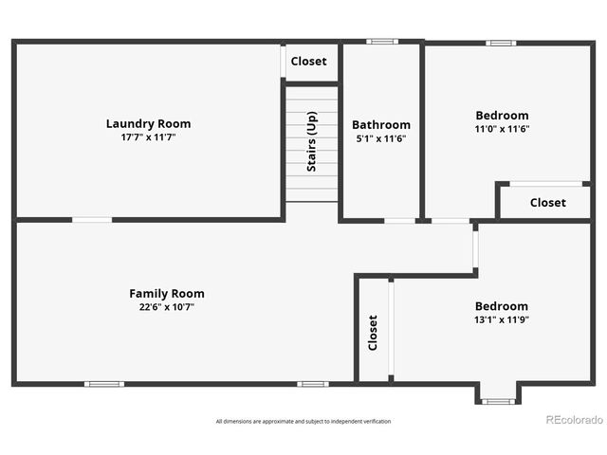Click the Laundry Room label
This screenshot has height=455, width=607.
148,123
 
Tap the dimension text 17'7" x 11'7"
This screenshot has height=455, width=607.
148,137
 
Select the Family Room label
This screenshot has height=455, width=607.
167,293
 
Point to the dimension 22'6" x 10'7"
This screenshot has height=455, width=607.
167,307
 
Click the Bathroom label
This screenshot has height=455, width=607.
381,124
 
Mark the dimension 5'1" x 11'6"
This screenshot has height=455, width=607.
381,138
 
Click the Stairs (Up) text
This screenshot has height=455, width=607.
311,142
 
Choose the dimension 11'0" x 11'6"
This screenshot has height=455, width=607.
502,129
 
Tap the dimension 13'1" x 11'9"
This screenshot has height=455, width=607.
501,320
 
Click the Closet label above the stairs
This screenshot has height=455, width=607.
308,62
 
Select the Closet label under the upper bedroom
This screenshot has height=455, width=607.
547,202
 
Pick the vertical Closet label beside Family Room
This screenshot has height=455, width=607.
373,333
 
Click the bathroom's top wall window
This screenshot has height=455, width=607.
382,42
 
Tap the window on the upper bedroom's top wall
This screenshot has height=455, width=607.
501,43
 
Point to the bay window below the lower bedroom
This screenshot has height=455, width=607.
498,401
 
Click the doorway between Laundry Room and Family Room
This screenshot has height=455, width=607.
92,220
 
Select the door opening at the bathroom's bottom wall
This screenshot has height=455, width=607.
399,221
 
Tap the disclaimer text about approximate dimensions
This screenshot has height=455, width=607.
303,421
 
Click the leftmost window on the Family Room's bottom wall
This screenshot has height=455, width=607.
103,384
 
